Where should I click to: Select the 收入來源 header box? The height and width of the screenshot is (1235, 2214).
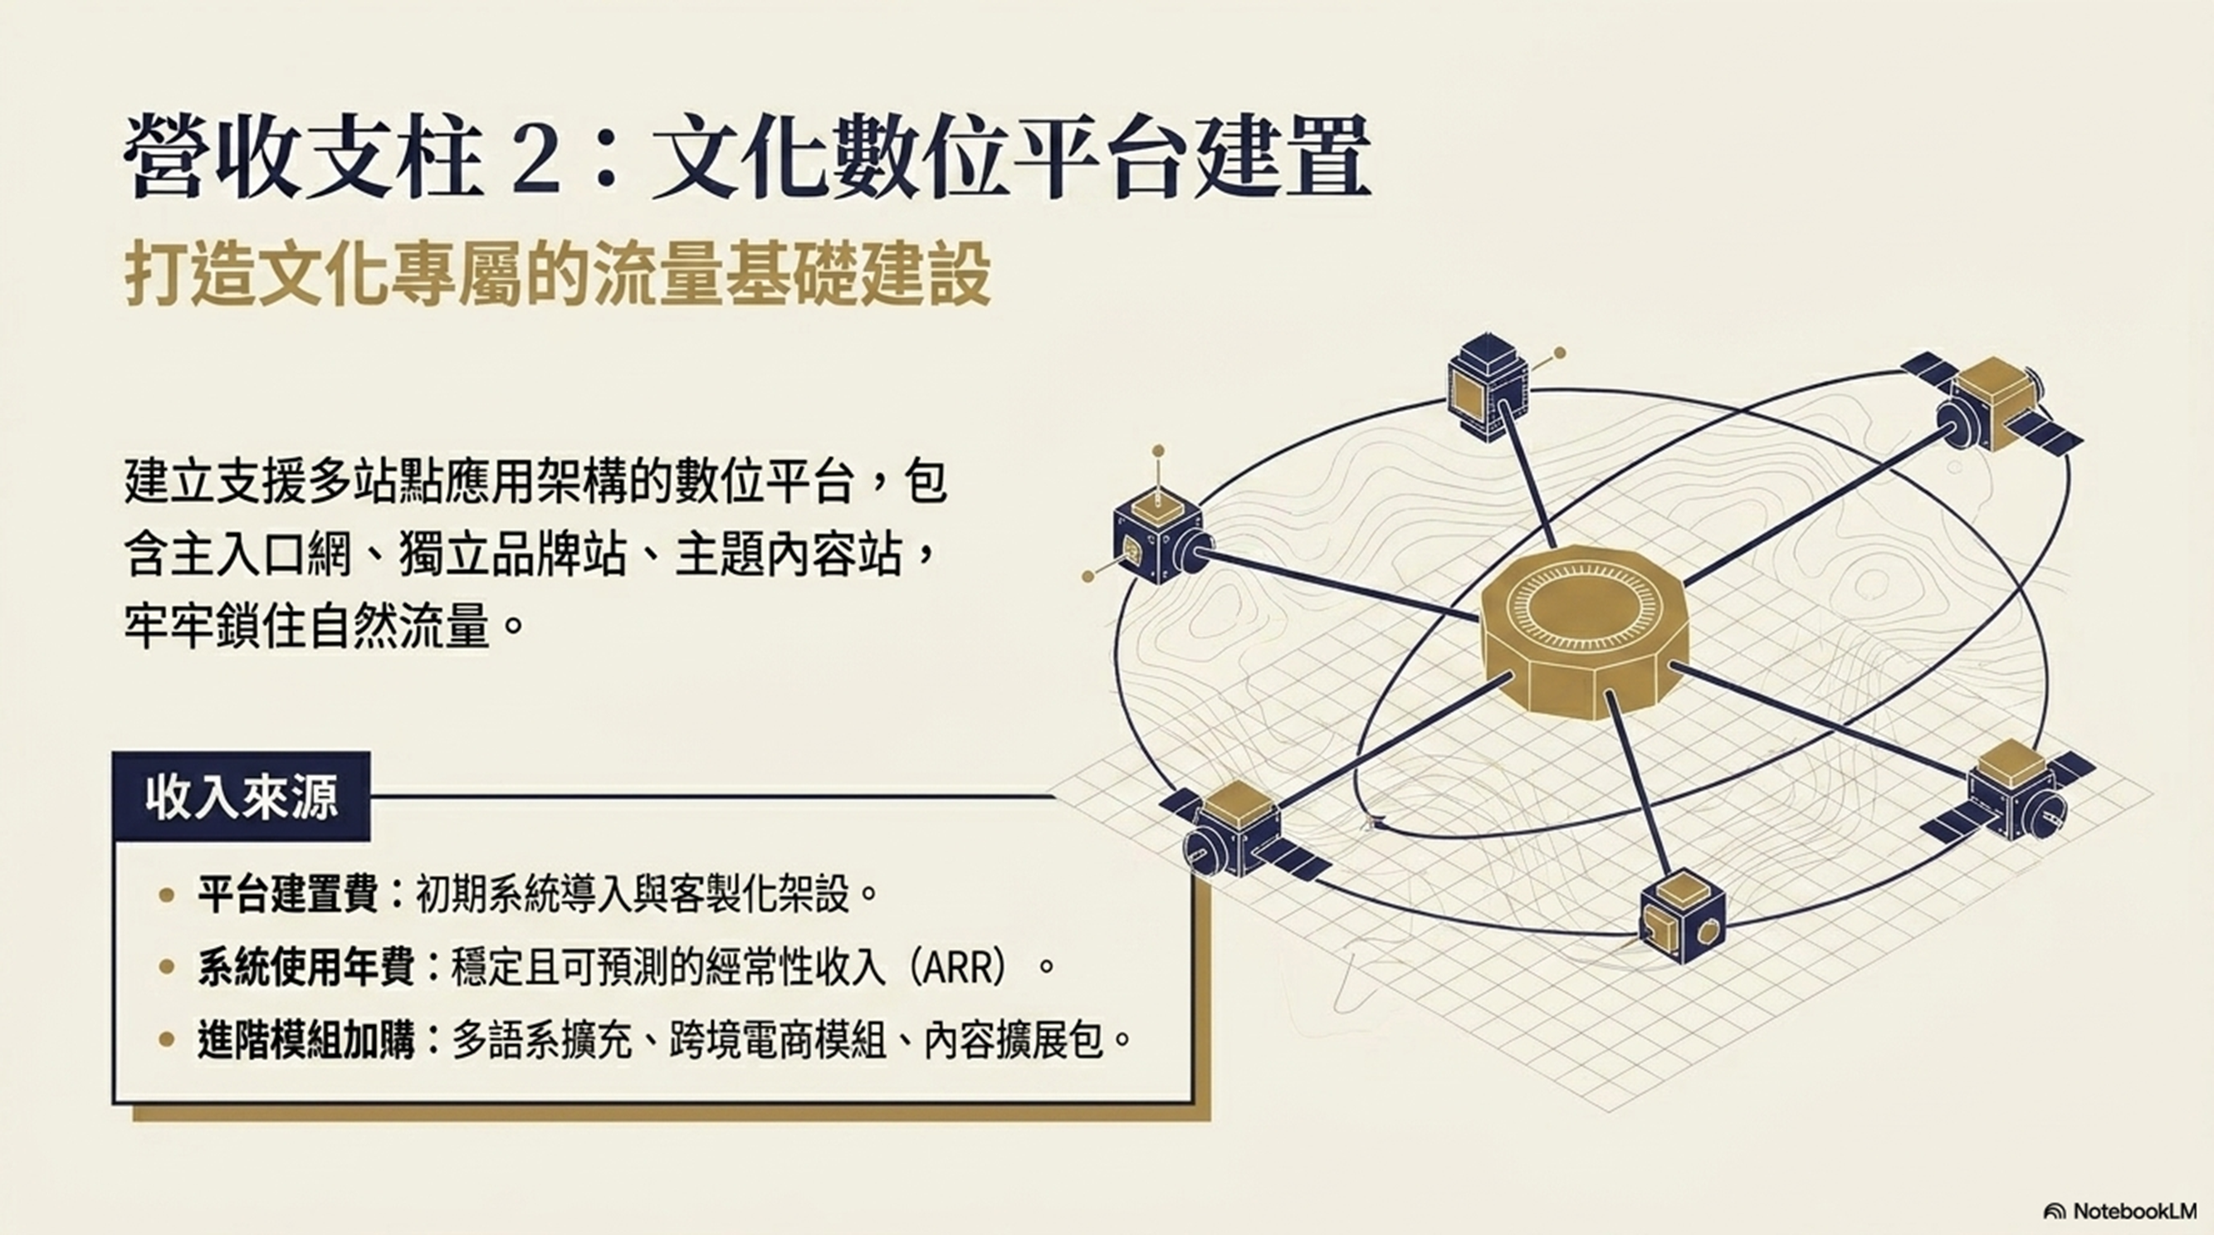pos(242,798)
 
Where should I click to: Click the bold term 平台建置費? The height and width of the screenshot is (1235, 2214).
pos(287,895)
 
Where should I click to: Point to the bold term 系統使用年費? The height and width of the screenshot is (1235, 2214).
pos(306,968)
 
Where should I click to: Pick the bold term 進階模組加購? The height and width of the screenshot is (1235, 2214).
pos(306,1041)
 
